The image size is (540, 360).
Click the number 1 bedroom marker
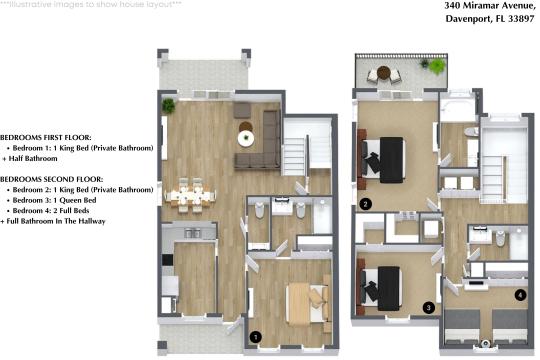[x=256, y=338]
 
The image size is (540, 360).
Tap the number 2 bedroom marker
[x=366, y=204]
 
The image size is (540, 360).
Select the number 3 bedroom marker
[x=428, y=307]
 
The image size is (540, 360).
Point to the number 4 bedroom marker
[x=520, y=295]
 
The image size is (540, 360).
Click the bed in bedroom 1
[x=306, y=301]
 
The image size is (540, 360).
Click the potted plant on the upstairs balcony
[x=437, y=66]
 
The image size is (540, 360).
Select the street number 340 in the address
[x=424, y=6]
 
